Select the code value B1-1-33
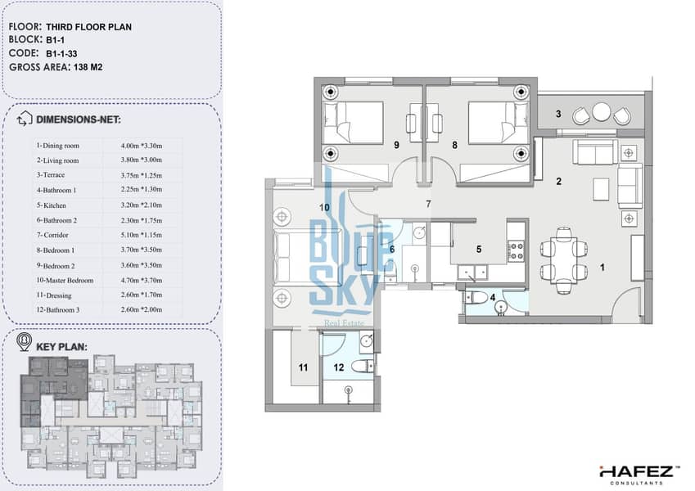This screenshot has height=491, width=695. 61,54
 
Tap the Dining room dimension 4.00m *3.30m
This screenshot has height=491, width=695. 142,146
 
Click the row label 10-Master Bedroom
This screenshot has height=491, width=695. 65,281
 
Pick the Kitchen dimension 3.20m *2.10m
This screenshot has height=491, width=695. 142,205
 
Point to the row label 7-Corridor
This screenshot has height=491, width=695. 52,235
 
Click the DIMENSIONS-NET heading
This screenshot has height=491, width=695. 79,119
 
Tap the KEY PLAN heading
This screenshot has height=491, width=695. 61,346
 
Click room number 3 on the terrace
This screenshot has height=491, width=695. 558,114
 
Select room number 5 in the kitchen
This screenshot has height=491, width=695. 479,250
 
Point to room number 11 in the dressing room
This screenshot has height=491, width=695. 303,367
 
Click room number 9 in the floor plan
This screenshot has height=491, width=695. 396,145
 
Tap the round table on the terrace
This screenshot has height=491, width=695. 602,111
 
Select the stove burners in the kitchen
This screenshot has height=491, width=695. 516,250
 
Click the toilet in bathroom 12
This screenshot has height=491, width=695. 362,367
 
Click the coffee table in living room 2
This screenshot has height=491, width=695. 601,189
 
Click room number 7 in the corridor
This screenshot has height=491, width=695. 428,204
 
